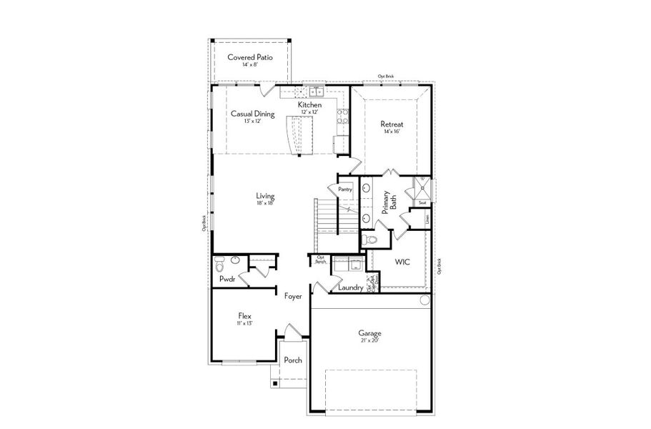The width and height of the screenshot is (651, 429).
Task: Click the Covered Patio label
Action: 249,57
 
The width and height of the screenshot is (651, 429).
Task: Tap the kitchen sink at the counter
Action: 316,92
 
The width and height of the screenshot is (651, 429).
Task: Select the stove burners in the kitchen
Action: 342,116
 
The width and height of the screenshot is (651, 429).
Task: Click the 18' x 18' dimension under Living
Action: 266,203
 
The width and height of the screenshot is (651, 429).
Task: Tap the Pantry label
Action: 345,189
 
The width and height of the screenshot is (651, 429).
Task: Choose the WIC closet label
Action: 402,262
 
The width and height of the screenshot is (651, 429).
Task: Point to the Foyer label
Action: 293,296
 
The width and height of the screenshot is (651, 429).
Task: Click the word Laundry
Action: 351,287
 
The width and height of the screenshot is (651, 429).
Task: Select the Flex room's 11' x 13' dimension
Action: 244,323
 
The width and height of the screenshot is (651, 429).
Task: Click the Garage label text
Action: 369,333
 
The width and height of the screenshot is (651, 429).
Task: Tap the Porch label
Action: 293,360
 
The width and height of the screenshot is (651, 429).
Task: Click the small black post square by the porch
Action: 273,384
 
